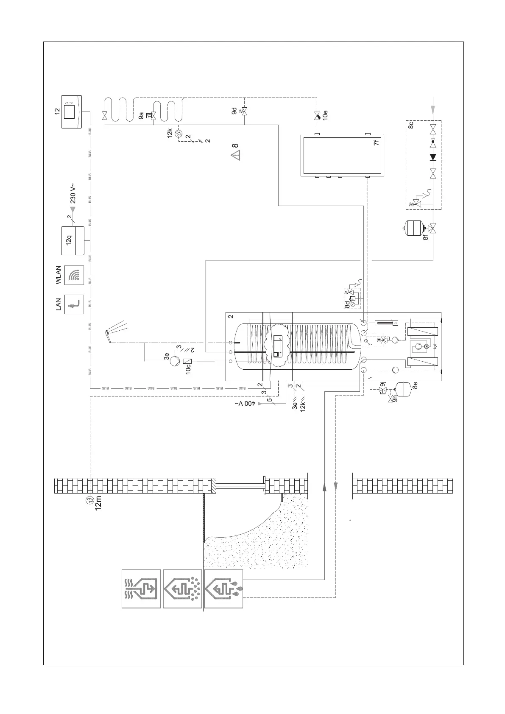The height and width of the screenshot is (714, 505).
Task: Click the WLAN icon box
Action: coord(74,275)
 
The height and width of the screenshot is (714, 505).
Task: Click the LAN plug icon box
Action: coord(74,304)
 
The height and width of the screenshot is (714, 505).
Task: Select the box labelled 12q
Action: coord(73,241)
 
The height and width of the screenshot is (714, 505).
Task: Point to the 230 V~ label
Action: coord(73,193)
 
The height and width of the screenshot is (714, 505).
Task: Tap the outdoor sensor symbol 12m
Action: coord(90,501)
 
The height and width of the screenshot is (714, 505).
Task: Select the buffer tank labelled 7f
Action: coord(343,155)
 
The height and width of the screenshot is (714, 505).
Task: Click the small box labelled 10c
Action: coord(188,361)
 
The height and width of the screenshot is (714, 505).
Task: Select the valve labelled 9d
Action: coord(244,111)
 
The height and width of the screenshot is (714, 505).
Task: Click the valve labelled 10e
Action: coord(316,114)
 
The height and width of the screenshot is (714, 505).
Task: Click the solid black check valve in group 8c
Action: coord(433,157)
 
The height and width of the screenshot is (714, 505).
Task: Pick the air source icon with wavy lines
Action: coord(141,588)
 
